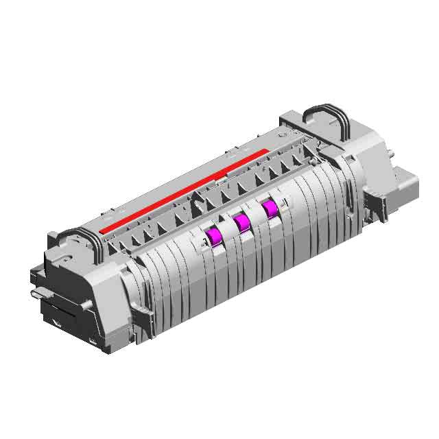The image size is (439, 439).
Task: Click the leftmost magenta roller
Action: (x=213, y=236)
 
